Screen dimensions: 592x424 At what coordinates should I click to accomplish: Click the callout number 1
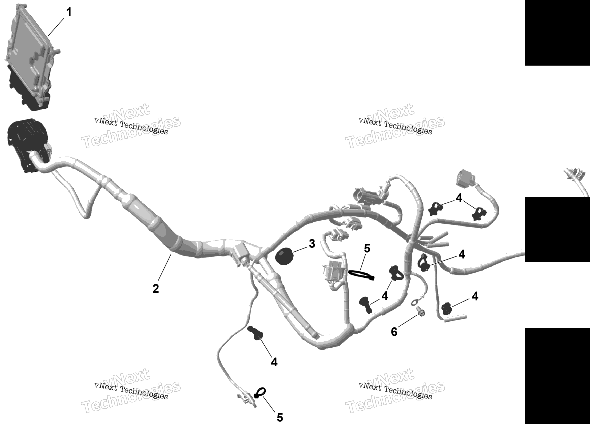[69, 12]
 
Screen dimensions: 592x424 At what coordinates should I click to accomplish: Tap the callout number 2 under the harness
[155, 289]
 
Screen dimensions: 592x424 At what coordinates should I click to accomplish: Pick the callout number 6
[394, 332]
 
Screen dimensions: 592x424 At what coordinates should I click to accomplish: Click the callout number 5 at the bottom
[280, 417]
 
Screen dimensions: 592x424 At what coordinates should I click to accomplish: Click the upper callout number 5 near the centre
[367, 248]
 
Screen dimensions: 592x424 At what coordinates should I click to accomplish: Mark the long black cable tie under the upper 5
[361, 275]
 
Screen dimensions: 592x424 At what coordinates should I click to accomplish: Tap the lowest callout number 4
[274, 362]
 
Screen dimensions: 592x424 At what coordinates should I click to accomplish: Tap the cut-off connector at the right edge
[577, 180]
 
